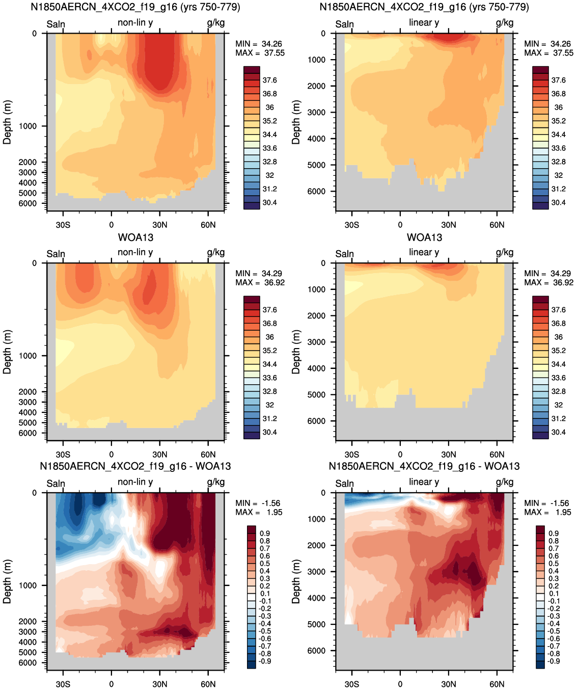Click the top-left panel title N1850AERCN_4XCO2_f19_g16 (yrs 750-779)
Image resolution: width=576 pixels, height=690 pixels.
point(135,7)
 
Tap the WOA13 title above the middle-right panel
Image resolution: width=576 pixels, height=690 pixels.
point(424,237)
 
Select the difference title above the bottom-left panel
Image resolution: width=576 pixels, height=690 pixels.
point(135,466)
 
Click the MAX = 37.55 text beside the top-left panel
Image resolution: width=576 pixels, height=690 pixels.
point(260,53)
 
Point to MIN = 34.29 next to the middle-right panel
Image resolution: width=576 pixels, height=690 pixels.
point(546,273)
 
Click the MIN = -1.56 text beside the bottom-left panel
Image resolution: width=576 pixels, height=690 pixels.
point(258,503)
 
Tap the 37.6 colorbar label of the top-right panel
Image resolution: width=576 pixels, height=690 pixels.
point(558,81)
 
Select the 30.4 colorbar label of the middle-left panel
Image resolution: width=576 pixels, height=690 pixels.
point(269,432)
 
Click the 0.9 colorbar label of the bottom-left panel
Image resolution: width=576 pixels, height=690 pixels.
point(265,534)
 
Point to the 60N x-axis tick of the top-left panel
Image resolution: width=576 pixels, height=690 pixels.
point(208,225)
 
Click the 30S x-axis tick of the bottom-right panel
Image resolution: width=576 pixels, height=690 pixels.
point(352,684)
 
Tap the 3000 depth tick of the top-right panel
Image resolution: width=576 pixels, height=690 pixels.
point(316,112)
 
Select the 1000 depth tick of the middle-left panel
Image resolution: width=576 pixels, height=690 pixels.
point(28,356)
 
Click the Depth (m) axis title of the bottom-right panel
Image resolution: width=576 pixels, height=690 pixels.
point(296,582)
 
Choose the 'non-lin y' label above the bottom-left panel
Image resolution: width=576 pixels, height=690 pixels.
point(135,482)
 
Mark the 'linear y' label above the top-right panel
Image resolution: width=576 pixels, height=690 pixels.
point(424,22)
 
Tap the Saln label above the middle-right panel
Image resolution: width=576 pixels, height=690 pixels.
point(344,254)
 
